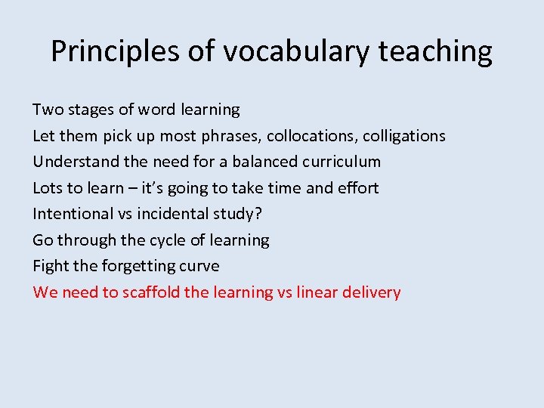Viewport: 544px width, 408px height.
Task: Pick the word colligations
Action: (404, 136)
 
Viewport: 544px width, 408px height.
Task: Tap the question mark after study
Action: (258, 214)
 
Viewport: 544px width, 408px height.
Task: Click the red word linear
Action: (315, 292)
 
